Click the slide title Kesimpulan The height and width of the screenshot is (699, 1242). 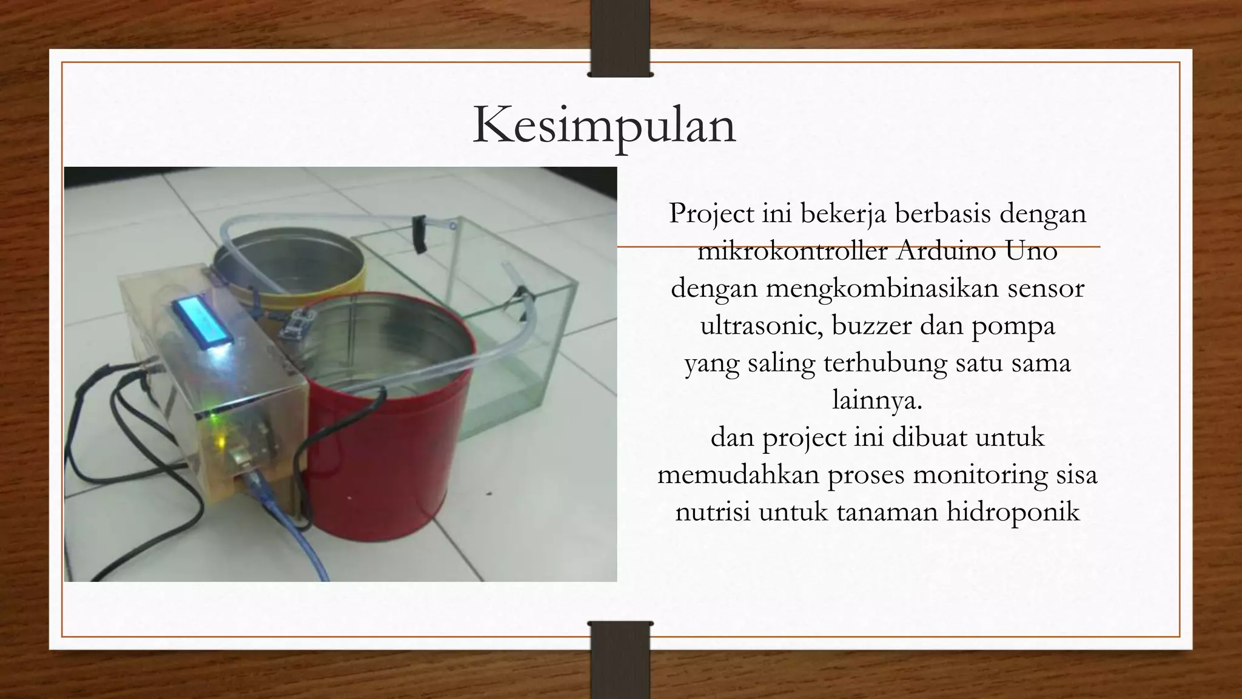(x=604, y=125)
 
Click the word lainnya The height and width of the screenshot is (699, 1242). (x=877, y=400)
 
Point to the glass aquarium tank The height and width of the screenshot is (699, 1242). (x=515, y=340)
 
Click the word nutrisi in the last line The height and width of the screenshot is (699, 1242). (x=713, y=512)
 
